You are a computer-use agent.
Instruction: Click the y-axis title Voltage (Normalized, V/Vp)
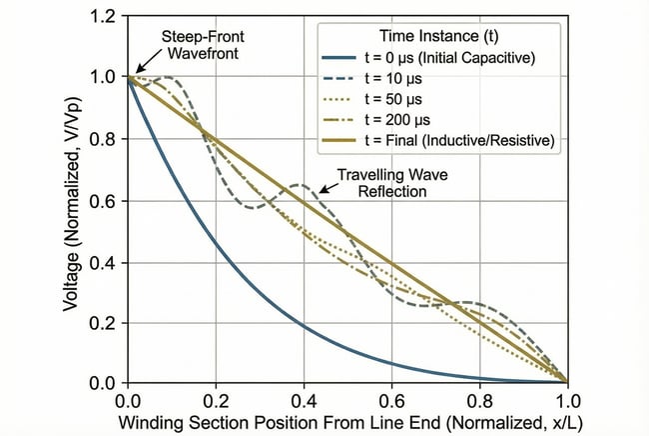pyautogui.click(x=72, y=200)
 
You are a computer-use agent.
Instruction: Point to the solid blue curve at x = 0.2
pyautogui.click(x=216, y=242)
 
